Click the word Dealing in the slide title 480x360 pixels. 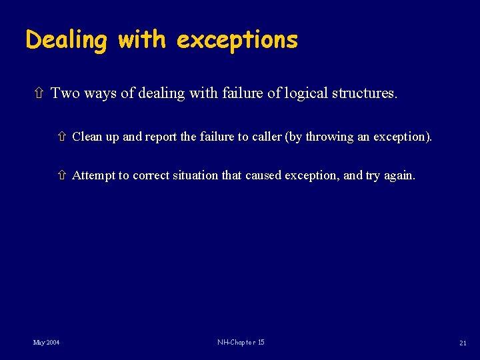[66, 41]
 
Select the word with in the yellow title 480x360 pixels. [141, 41]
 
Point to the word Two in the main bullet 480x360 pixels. [64, 93]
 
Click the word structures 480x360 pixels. [365, 93]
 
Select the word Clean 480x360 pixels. [86, 137]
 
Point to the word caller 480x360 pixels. [266, 137]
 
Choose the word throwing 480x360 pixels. [330, 137]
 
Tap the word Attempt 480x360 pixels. [93, 175]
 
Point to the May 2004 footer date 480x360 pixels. [47, 343]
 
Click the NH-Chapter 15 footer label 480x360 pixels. [241, 343]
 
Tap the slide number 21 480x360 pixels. [463, 343]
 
